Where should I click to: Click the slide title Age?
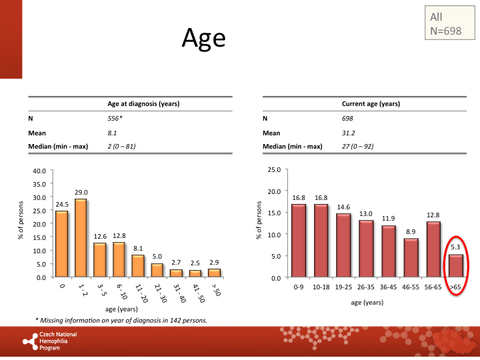pos(204,39)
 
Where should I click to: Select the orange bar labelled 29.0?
pos(81,238)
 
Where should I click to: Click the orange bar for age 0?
pos(61,244)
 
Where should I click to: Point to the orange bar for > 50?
pos(215,273)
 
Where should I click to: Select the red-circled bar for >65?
pos(455,265)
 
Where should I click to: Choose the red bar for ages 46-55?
pos(411,257)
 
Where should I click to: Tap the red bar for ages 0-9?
pos(299,241)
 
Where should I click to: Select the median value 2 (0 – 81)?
pos(121,146)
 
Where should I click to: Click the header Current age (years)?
pos(371,104)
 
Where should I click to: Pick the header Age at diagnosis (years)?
pos(143,104)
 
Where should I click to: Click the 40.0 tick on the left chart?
pos(39,171)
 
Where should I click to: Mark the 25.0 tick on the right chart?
pos(273,169)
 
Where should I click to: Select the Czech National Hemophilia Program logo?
pos(50,341)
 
